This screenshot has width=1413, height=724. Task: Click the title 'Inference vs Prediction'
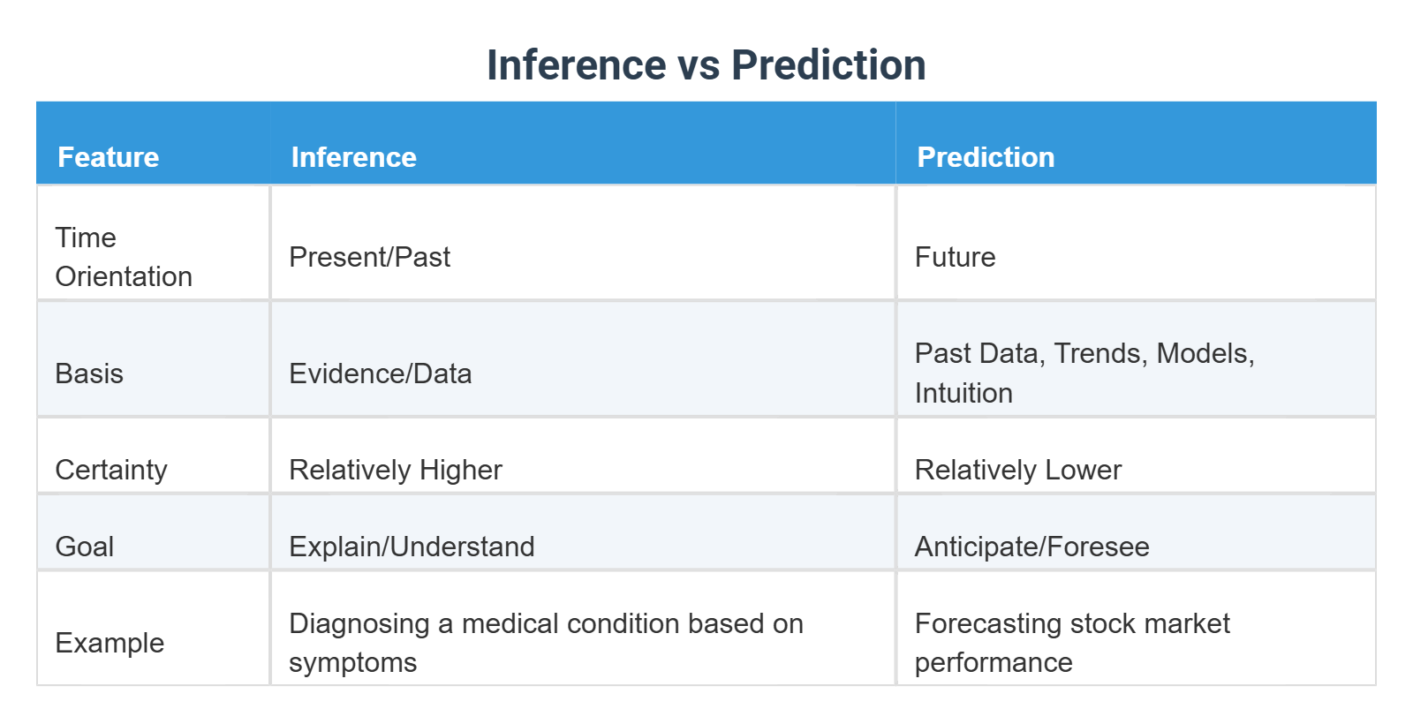[x=706, y=65]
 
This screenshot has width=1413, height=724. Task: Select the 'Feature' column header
[x=108, y=157]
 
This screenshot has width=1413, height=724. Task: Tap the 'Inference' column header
[x=353, y=157]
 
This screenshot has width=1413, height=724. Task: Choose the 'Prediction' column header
[x=985, y=157]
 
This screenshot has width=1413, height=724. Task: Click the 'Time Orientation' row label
[x=123, y=257]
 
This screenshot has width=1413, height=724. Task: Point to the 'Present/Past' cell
[x=369, y=257]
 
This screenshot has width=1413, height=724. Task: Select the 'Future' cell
[x=954, y=257]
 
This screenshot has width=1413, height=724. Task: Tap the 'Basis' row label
[x=89, y=373]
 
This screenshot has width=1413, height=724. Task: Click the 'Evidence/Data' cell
[x=380, y=373]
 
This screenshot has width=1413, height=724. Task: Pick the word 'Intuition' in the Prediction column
[x=963, y=393]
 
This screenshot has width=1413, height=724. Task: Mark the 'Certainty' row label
[x=110, y=470]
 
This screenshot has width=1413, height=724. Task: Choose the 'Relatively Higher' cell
[x=395, y=470]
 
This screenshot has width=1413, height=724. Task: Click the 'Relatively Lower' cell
[x=1017, y=470]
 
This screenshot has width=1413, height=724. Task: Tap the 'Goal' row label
[x=84, y=547]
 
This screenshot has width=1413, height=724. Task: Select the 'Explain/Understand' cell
[x=412, y=547]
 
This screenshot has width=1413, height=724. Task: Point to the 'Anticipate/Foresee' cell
[x=1031, y=547]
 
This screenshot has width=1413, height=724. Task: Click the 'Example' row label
[x=110, y=643]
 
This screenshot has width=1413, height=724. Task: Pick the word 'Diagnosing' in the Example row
[x=359, y=623]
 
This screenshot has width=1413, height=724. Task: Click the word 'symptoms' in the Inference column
[x=352, y=662]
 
